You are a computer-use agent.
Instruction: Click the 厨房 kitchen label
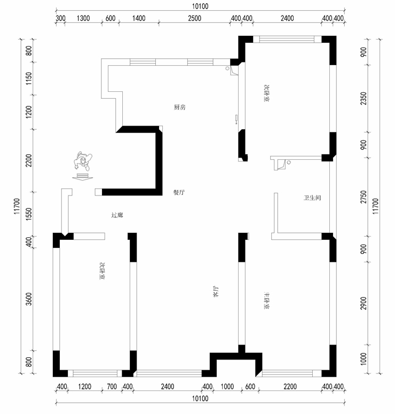coord(179,107)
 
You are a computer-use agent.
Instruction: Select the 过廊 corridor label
coord(117,215)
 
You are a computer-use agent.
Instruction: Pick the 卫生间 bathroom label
coord(312,198)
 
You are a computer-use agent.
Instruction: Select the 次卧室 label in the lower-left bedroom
coord(101,271)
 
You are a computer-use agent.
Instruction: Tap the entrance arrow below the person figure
coord(82,177)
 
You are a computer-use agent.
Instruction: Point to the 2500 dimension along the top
coord(194,18)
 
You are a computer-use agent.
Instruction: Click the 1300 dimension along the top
coord(83,18)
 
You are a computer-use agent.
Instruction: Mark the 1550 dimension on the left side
coord(29,214)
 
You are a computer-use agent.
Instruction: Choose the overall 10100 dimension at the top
coord(199,6)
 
